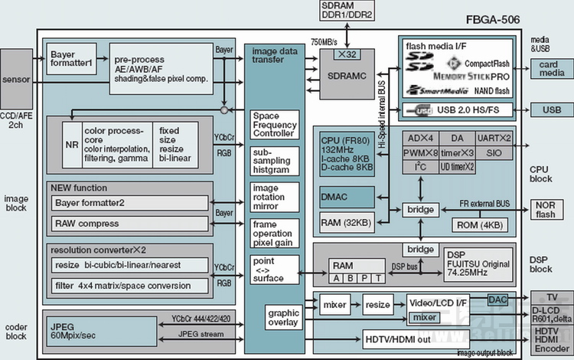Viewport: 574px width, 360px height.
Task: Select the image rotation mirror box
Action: (x=275, y=196)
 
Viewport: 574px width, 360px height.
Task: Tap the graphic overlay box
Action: (x=283, y=318)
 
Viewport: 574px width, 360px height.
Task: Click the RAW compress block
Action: (x=129, y=224)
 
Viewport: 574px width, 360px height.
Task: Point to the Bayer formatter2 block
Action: (x=129, y=203)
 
